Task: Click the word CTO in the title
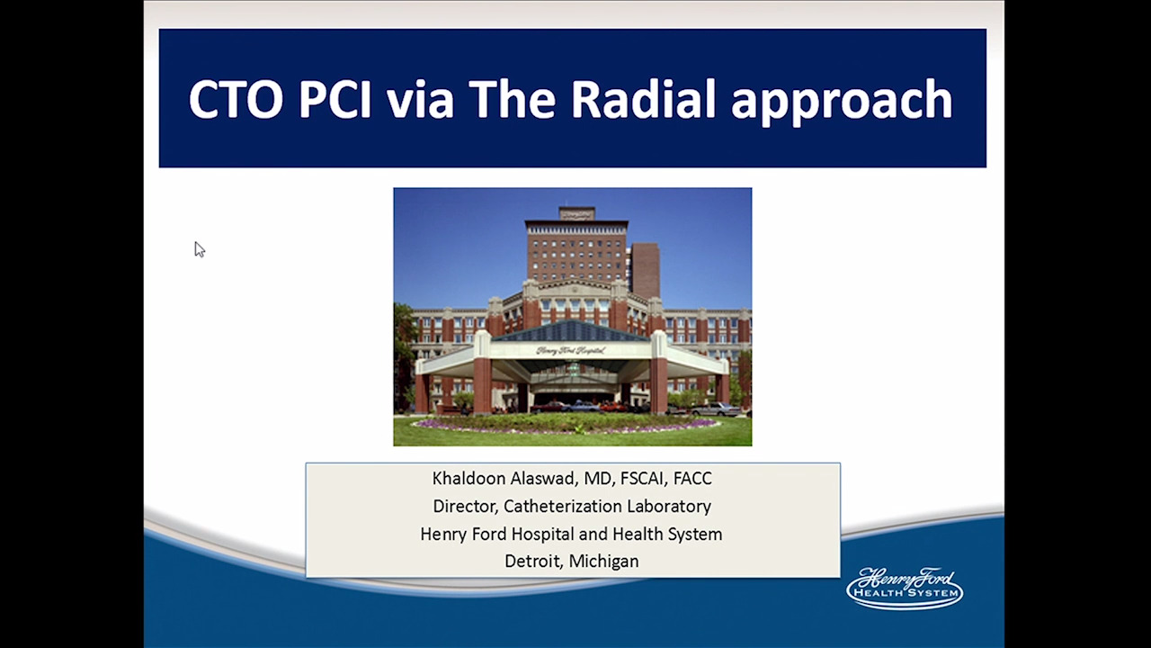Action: point(236,99)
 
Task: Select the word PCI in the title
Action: point(335,99)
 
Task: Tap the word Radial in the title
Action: point(643,98)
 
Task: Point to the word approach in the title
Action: point(843,102)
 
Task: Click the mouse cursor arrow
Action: point(200,249)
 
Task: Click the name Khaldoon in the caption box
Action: point(468,478)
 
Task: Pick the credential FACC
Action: point(692,478)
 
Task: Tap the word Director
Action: point(466,507)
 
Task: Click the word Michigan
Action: point(604,562)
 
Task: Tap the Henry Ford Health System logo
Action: point(905,589)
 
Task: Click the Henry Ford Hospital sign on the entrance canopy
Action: point(570,351)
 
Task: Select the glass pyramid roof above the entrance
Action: point(570,330)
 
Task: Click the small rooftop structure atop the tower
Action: point(576,213)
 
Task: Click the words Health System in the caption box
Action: point(667,535)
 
